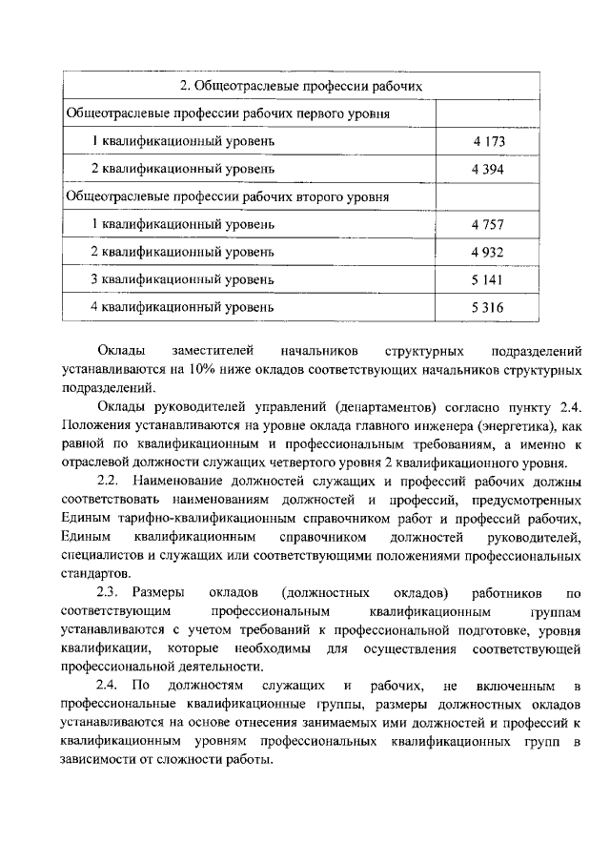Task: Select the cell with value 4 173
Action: click(x=487, y=141)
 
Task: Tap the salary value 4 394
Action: click(x=487, y=169)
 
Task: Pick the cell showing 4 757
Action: click(x=487, y=225)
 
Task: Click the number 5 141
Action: click(x=487, y=279)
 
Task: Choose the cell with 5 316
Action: click(x=487, y=307)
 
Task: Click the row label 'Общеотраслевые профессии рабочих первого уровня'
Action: click(x=228, y=113)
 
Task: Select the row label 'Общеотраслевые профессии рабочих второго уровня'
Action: click(x=227, y=197)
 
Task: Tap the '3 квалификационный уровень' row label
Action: click(x=182, y=279)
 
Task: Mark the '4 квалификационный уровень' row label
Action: click(x=182, y=307)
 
